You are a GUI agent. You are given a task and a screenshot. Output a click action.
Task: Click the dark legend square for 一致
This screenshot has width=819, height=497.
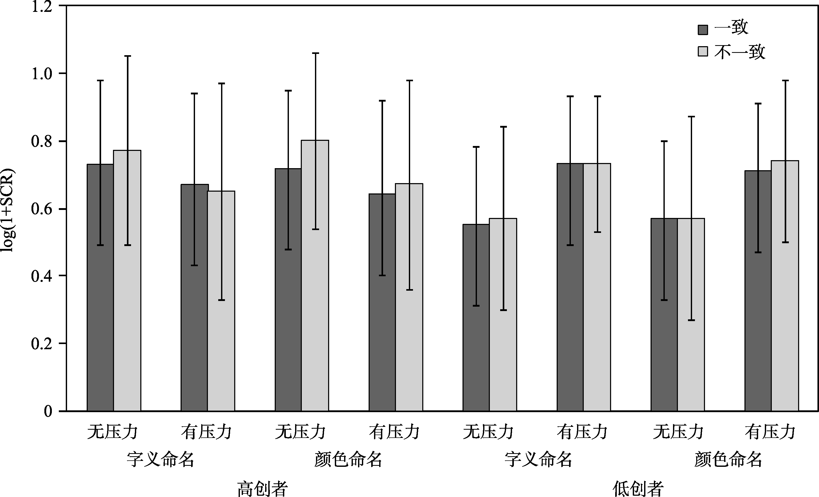point(703,30)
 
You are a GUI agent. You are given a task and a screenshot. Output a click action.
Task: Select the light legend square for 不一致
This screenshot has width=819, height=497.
point(703,52)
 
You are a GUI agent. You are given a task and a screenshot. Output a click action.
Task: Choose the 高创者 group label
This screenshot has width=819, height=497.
point(262,488)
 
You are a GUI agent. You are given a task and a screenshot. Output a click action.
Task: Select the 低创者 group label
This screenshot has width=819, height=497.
point(638,488)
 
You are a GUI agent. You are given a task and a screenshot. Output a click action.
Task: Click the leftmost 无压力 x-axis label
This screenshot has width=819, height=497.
point(112,432)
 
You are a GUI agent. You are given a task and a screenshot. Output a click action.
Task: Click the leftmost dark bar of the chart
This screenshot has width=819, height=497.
point(100,288)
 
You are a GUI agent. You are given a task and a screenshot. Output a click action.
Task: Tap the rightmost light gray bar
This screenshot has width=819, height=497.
point(785,286)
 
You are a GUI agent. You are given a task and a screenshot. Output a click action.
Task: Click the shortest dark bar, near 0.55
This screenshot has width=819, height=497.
point(476,317)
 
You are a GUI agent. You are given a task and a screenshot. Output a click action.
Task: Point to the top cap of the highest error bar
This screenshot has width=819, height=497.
point(315,53)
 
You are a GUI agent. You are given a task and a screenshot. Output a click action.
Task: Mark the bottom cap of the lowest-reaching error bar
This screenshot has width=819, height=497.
point(691,320)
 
